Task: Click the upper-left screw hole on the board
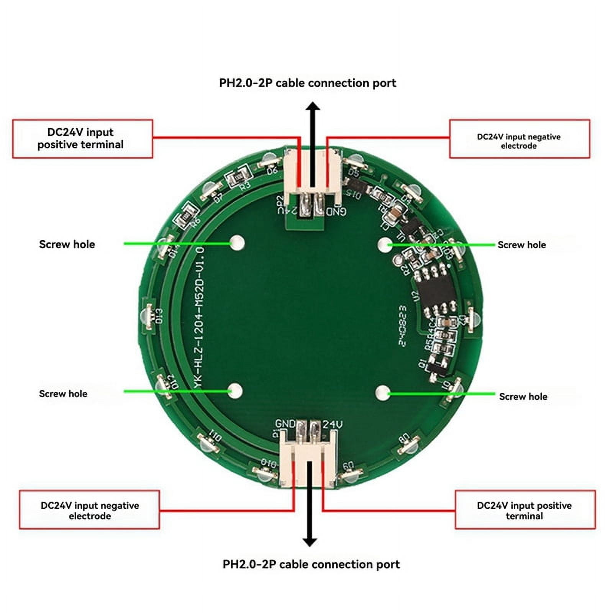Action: [237, 243]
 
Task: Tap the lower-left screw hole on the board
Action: [236, 390]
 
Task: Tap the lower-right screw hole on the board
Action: [382, 393]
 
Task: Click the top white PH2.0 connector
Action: [312, 172]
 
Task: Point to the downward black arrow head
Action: [310, 541]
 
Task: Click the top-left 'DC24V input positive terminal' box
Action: [83, 139]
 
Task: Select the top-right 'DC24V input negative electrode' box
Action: [519, 139]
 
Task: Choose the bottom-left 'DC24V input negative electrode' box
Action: [90, 510]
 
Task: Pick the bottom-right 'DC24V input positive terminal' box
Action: [525, 510]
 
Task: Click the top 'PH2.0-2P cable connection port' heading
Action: [307, 83]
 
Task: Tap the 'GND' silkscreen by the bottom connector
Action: [285, 424]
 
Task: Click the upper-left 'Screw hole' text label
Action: [67, 244]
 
